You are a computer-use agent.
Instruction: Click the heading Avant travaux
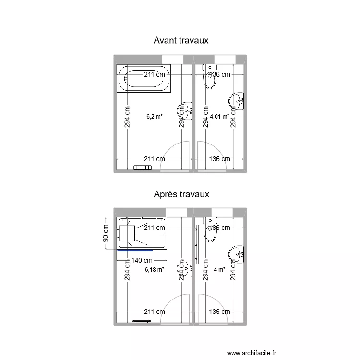tap(180, 40)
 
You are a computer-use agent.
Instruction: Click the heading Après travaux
tap(181, 194)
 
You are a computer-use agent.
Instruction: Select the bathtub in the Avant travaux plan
tap(144, 80)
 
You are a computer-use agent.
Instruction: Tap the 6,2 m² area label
tap(155, 116)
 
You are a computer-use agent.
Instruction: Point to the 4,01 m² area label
tap(219, 116)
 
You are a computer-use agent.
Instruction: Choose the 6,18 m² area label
tap(154, 270)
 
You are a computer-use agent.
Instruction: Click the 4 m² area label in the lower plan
tap(219, 270)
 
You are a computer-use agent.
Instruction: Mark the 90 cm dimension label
tap(106, 234)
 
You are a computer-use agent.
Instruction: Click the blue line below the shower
tap(135, 250)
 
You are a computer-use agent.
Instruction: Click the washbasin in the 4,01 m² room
tap(237, 101)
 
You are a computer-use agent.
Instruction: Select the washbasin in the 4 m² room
tap(237, 254)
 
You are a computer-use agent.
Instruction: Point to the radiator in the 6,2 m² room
tap(143, 168)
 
